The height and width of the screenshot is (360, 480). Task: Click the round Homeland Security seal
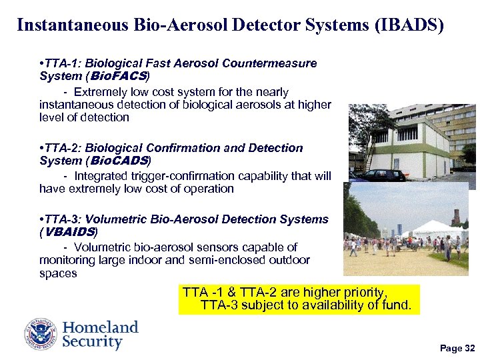click(41, 334)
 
